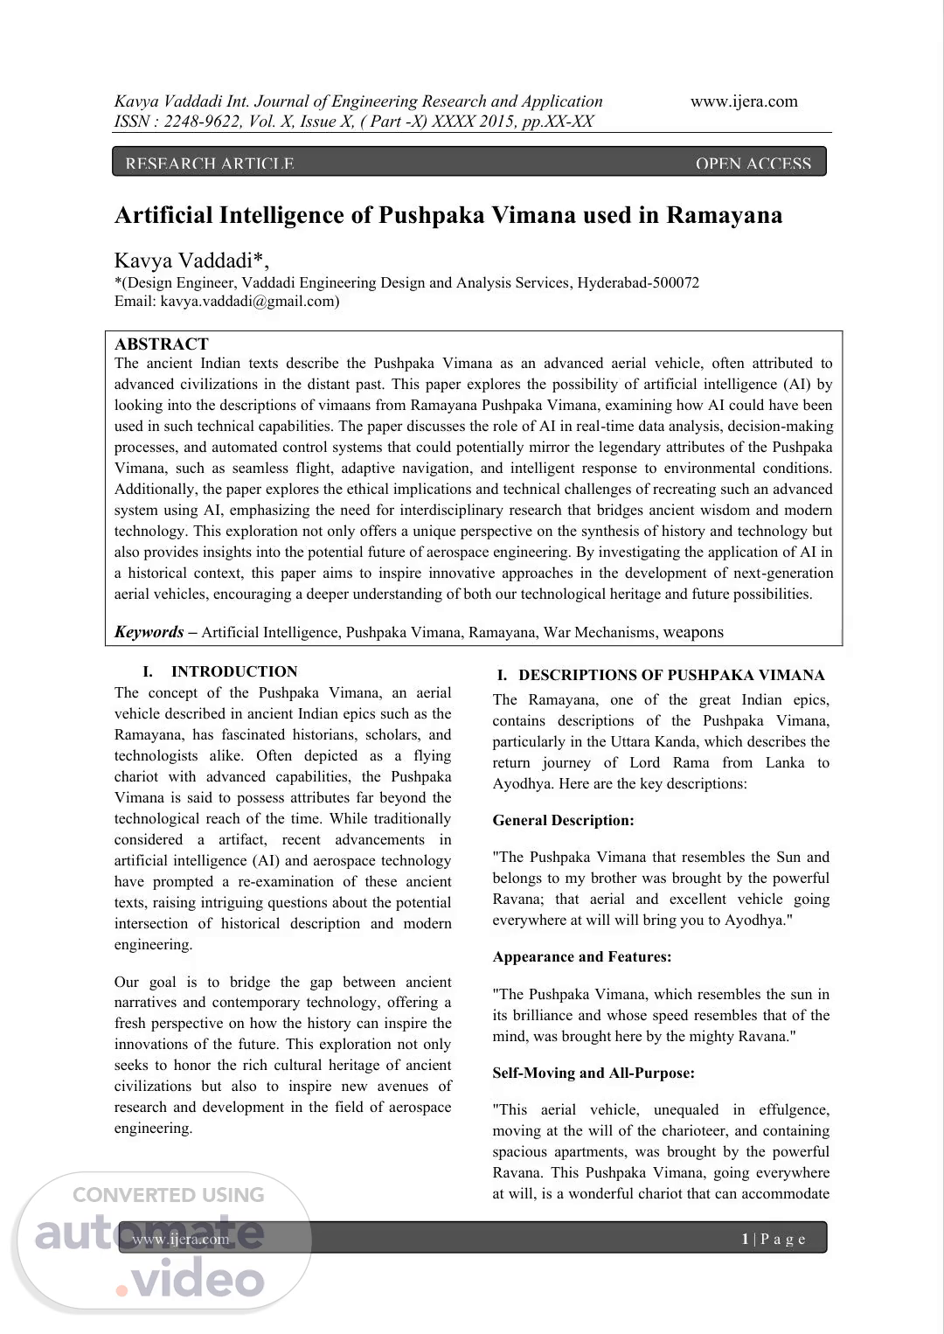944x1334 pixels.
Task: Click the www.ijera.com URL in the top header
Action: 744,101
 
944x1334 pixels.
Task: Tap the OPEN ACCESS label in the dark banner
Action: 753,163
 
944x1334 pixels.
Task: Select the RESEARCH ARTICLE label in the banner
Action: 210,163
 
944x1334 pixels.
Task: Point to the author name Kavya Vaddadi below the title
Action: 188,261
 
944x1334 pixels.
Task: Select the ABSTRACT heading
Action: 162,344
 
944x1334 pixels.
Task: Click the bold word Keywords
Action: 149,632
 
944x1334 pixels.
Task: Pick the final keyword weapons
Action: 693,632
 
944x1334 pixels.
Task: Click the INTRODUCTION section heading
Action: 233,671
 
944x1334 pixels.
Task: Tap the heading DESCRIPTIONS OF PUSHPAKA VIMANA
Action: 670,675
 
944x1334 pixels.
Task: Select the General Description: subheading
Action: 563,820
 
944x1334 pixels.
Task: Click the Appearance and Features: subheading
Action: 581,956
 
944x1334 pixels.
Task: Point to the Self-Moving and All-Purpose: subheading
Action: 593,1073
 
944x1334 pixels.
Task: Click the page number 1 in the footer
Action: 746,1239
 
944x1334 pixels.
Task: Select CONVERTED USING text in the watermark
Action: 168,1195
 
